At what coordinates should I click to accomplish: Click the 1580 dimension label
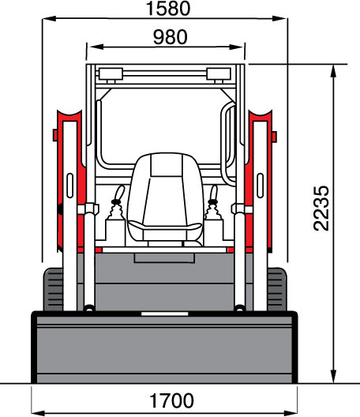coord(168,9)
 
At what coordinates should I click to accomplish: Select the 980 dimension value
coord(171,37)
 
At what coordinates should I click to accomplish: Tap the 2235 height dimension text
coord(321,208)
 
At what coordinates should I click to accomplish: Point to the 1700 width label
coord(172,400)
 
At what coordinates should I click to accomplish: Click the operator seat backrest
coord(165,187)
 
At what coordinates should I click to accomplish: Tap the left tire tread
coord(53,289)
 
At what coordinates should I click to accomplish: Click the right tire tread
coord(277,289)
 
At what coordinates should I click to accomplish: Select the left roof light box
coord(111,74)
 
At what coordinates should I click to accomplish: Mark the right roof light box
coord(219,74)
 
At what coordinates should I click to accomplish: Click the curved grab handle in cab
coord(228,144)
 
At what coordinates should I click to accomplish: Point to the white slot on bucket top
coord(165,314)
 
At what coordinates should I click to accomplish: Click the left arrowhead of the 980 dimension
coord(96,47)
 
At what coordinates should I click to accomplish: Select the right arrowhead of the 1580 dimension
coord(279,18)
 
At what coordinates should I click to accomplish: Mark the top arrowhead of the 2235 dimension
coord(334,71)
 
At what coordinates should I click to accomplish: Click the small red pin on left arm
coord(55,135)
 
